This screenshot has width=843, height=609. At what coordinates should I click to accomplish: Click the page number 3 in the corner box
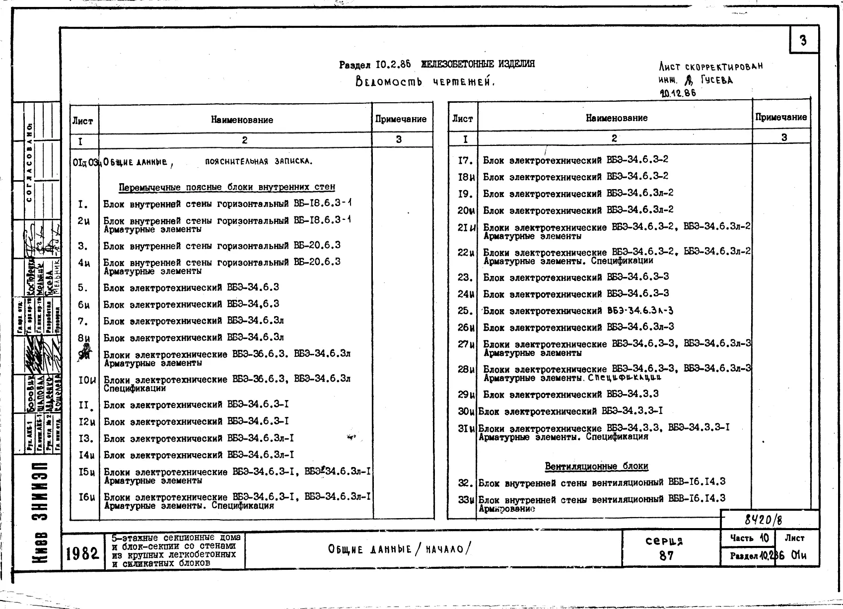click(803, 40)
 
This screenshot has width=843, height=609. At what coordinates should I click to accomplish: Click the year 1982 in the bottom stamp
click(82, 552)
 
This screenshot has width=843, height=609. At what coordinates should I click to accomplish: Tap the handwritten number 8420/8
click(763, 520)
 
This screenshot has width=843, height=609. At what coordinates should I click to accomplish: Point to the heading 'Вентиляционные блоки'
click(596, 466)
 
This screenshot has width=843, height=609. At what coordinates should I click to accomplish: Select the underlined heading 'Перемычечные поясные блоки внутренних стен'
click(226, 187)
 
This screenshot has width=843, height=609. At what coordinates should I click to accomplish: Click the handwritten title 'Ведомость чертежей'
click(425, 81)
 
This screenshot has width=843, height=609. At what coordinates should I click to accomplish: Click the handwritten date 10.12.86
click(678, 93)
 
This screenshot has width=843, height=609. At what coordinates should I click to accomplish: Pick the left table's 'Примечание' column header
click(401, 119)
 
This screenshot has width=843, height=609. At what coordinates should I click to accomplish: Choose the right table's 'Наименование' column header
click(616, 118)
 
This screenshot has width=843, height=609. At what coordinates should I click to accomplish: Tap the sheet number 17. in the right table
click(465, 160)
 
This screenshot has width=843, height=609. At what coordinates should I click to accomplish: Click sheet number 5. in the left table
click(82, 288)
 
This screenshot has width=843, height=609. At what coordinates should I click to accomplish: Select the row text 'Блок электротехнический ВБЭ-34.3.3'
click(570, 395)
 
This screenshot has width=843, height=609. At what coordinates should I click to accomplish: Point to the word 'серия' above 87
click(664, 541)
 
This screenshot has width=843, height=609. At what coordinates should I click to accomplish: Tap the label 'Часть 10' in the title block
click(749, 538)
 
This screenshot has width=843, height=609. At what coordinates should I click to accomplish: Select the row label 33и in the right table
click(466, 500)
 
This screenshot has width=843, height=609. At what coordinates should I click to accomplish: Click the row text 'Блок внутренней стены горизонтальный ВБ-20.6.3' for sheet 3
click(221, 246)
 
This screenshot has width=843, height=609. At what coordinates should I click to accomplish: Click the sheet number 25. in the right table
click(465, 311)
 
